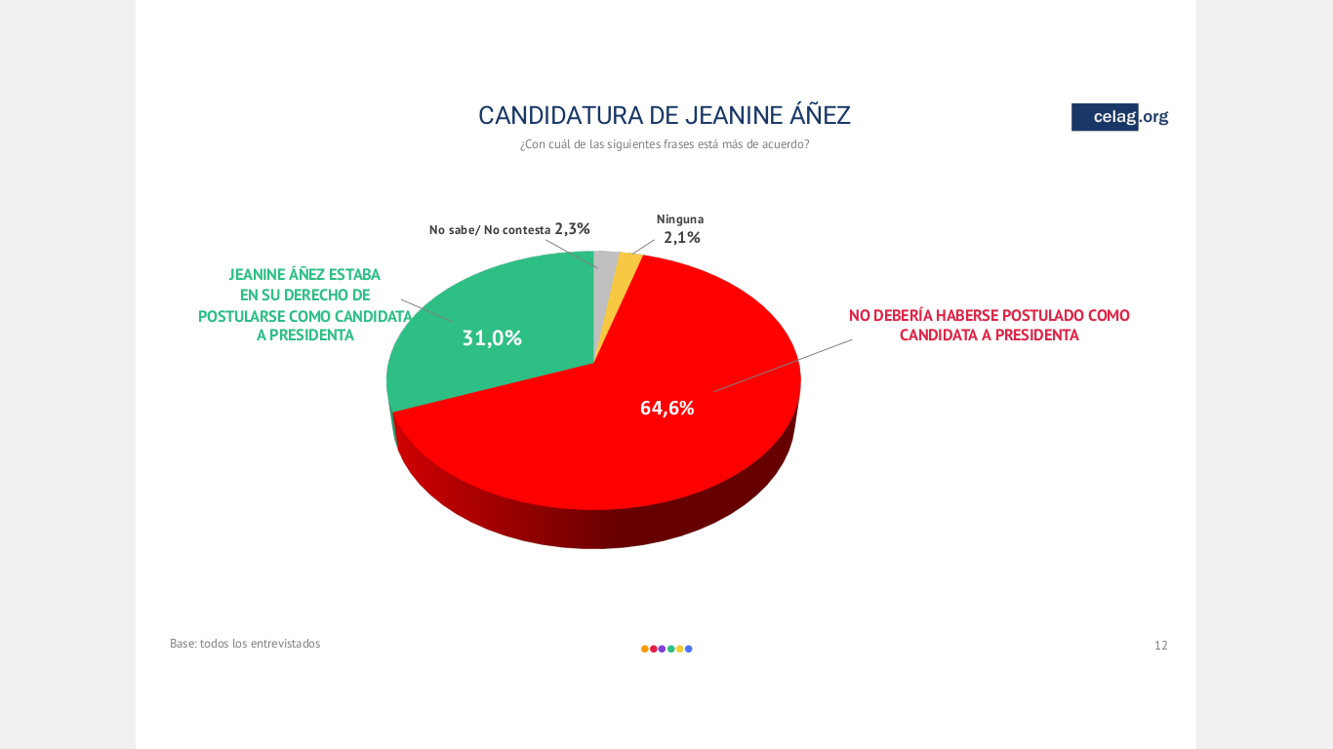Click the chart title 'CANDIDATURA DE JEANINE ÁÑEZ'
664,115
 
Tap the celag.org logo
1119,117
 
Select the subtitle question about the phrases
664,144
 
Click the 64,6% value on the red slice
666,409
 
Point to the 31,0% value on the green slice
492,338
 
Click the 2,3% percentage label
573,229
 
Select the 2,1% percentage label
682,237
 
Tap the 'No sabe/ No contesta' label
490,230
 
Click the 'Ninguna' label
679,219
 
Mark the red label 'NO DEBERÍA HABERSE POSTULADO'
989,316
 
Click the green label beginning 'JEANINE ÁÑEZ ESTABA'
304,275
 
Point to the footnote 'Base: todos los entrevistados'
245,644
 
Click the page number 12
1160,645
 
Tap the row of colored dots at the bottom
666,649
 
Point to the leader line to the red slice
781,366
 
